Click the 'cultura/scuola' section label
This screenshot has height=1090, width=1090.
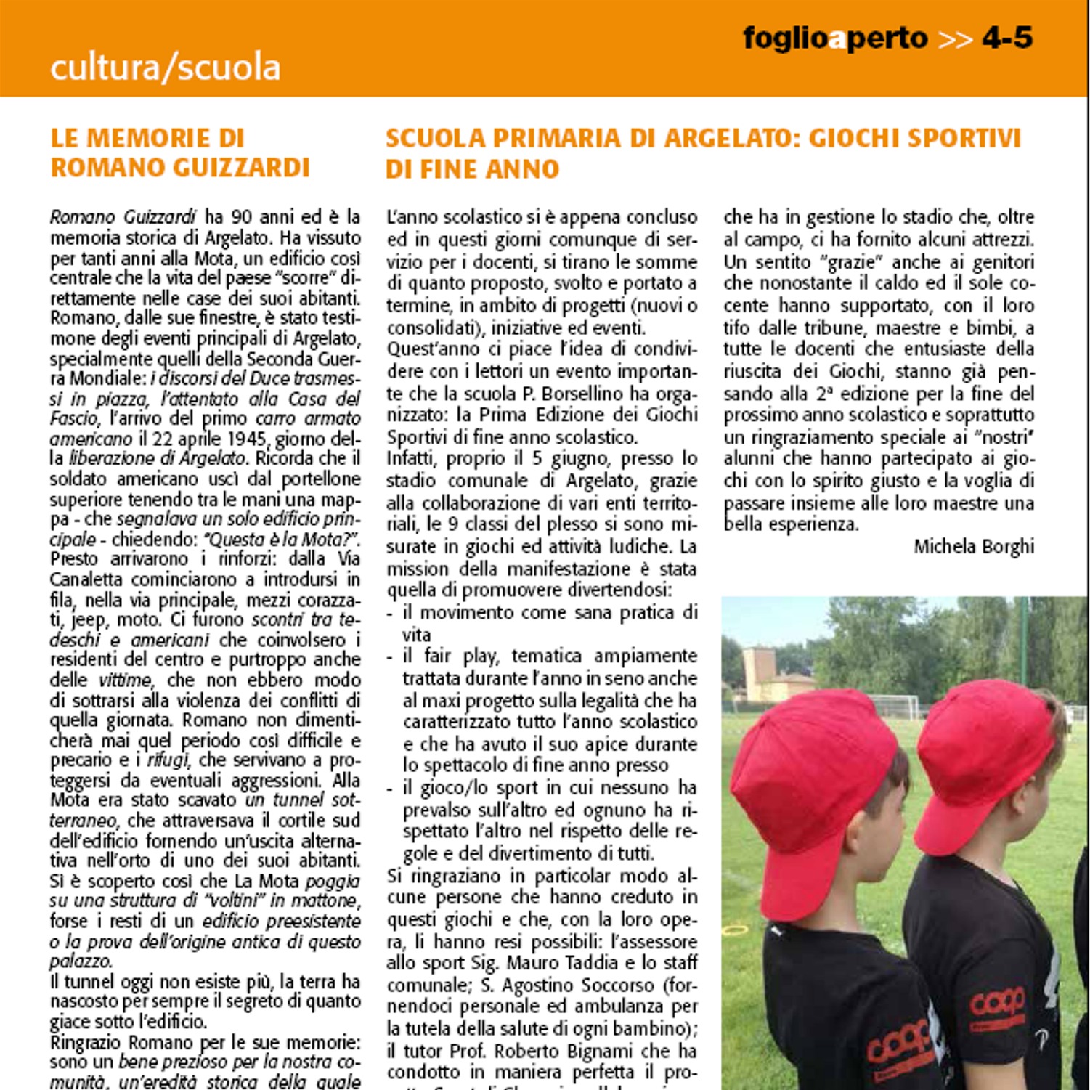[165, 68]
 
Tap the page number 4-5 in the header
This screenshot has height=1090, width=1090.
[1006, 38]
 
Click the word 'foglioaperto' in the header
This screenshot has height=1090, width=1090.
[835, 38]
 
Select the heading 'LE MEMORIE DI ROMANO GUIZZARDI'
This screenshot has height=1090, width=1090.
[180, 152]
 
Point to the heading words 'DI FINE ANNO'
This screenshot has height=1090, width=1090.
[472, 169]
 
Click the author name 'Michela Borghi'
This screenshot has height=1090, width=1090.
[974, 546]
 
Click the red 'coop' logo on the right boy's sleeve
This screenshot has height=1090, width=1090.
[997, 1002]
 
